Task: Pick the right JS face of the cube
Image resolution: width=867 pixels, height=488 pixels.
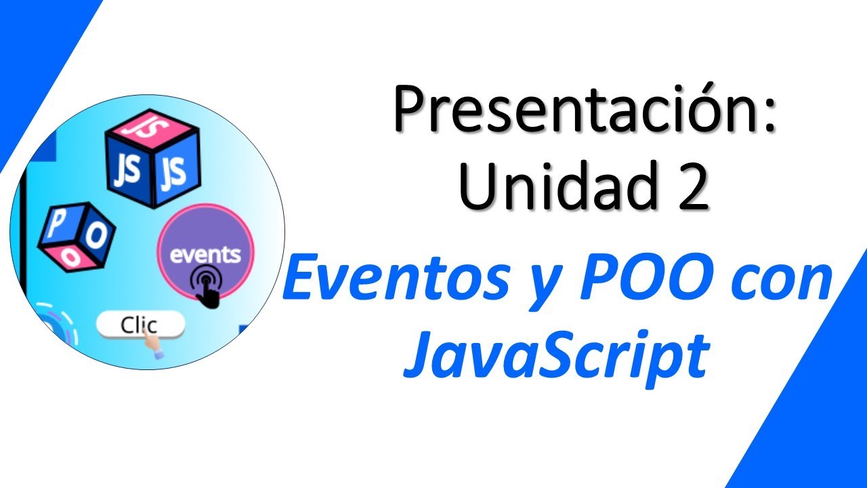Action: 174,172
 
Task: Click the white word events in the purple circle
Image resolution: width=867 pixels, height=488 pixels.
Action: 205,255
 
